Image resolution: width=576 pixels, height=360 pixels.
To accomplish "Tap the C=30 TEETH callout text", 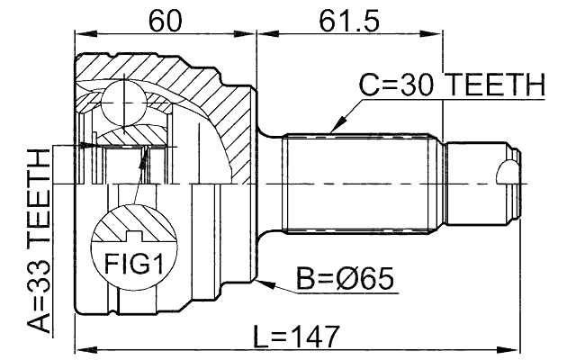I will [x=453, y=85].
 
